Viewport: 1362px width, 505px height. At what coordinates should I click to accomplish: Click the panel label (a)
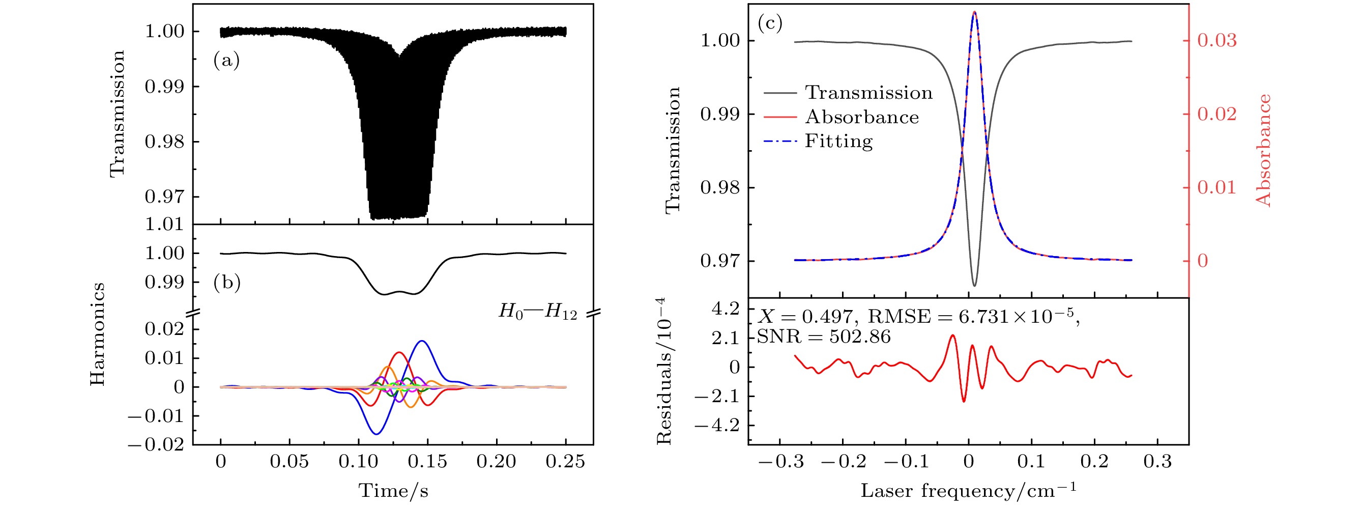click(x=226, y=61)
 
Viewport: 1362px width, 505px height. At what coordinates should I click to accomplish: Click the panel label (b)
click(x=227, y=283)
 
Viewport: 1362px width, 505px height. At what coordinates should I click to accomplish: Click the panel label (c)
click(x=770, y=23)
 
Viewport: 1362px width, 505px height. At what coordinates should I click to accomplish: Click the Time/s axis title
click(x=393, y=491)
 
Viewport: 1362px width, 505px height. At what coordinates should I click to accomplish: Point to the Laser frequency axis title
click(x=968, y=491)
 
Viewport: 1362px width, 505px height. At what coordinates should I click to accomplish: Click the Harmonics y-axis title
click(x=97, y=334)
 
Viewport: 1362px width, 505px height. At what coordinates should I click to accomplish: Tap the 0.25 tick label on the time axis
click(x=565, y=462)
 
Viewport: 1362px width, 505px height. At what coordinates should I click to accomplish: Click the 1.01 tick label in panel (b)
click(x=164, y=224)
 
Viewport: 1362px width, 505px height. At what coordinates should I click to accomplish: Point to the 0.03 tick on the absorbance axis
click(x=1216, y=40)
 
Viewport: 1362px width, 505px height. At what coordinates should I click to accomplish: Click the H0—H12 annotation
click(x=538, y=312)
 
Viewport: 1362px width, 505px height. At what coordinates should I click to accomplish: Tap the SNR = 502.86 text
click(x=824, y=336)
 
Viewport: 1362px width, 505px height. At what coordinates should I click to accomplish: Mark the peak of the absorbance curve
click(x=974, y=12)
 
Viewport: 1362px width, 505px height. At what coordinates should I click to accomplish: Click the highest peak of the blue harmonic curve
click(x=422, y=341)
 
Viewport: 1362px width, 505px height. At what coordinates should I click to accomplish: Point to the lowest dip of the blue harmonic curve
click(x=376, y=434)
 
